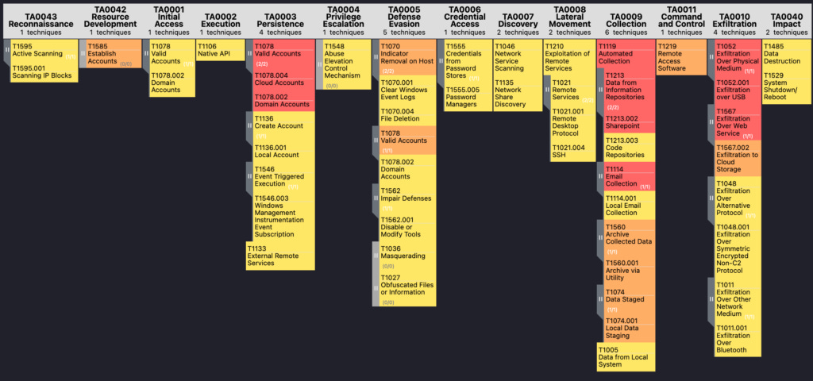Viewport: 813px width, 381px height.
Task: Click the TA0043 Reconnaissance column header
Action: pyautogui.click(x=40, y=19)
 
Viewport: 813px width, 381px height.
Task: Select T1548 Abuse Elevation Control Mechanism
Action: pyautogui.click(x=343, y=61)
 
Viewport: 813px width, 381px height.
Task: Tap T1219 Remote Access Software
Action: pyautogui.click(x=681, y=58)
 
